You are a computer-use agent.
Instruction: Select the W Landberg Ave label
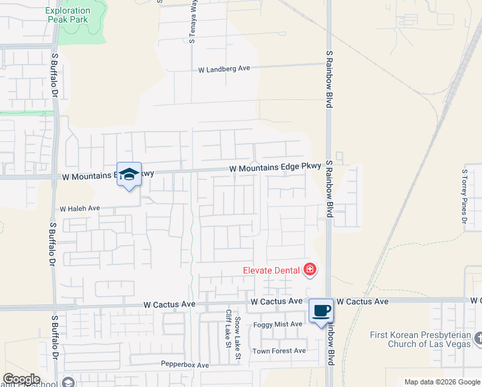click(x=224, y=68)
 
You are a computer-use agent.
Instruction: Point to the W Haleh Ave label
click(x=80, y=208)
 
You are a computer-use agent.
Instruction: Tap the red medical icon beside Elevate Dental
click(x=310, y=270)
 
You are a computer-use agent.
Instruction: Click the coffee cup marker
click(x=321, y=311)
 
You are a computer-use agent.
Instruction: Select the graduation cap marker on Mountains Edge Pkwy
click(x=129, y=174)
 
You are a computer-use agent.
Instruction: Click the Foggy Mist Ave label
click(x=278, y=324)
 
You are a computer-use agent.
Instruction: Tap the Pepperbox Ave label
click(x=185, y=365)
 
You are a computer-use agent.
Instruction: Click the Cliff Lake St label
click(x=227, y=328)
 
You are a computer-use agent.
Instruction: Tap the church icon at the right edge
click(x=477, y=337)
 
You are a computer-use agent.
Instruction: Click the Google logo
click(x=21, y=379)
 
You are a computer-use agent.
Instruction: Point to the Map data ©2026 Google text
click(x=441, y=382)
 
